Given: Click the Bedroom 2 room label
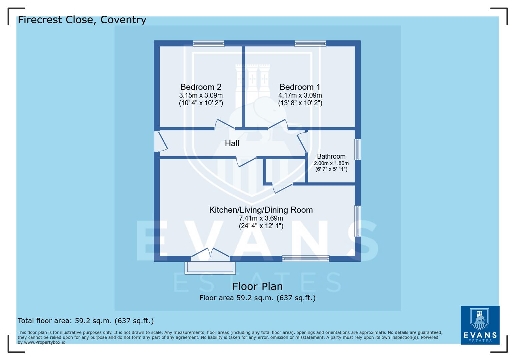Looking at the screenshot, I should coord(201,87).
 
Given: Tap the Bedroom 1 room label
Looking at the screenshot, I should coord(300,87).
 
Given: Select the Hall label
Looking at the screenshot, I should coord(232,143).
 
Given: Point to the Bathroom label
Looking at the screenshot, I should coord(331,156).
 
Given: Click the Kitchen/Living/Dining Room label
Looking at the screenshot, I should coord(261,210).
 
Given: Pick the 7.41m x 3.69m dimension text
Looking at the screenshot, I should coord(261,218).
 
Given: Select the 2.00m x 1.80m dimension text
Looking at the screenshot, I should coord(331,163).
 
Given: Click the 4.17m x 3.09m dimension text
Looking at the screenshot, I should coord(300,95).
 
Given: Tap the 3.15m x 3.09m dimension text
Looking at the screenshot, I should coord(201,95).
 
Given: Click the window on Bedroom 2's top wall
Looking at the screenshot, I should coord(209,43).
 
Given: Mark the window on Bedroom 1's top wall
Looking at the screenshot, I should coord(310,43).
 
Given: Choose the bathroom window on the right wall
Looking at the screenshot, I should coord(357,149).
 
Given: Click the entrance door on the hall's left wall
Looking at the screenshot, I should coord(160,142).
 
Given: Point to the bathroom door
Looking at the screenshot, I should coord(302,142).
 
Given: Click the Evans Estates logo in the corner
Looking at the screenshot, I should coord(480,325).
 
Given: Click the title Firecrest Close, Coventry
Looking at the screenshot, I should coord(82,20).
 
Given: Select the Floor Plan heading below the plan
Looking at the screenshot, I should coord(257,286).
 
